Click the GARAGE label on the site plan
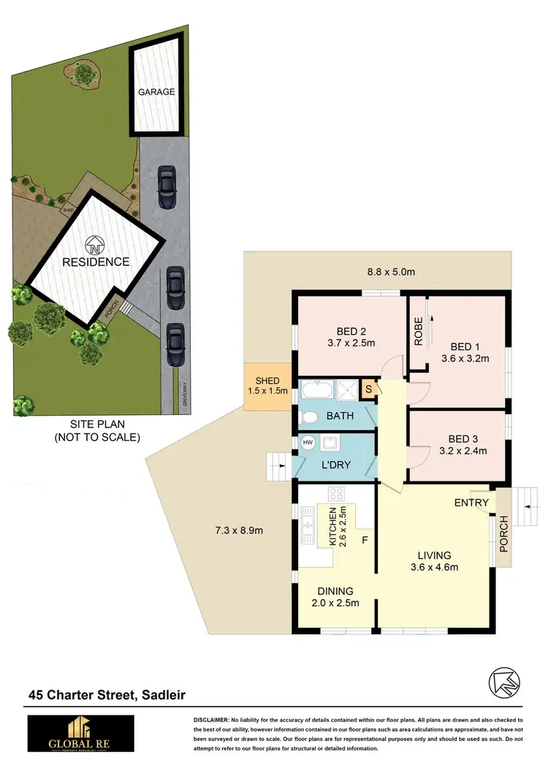157,92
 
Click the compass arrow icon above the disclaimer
504,683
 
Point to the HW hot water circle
306,443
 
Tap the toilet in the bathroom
309,417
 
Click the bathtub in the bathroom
317,388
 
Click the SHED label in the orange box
267,381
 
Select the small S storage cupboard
369,388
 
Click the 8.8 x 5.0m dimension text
391,273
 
